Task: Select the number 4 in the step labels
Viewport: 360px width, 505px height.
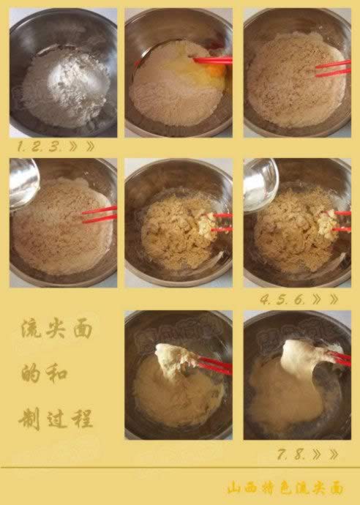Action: coord(265,300)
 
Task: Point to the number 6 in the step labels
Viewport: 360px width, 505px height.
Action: coord(301,300)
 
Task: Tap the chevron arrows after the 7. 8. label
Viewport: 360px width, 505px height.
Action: coord(325,454)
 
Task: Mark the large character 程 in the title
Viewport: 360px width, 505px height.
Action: coord(83,419)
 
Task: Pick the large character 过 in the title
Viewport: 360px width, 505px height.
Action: coord(56,419)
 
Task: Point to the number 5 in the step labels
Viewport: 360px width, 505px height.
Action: coord(282,300)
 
